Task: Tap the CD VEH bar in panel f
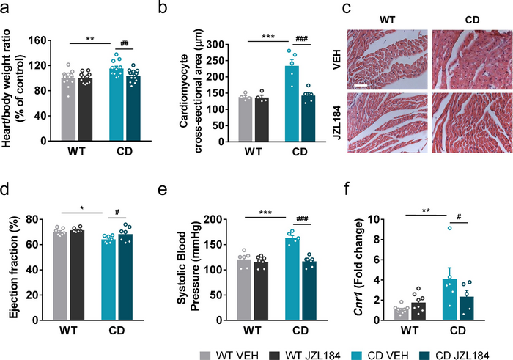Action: click(454, 299)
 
